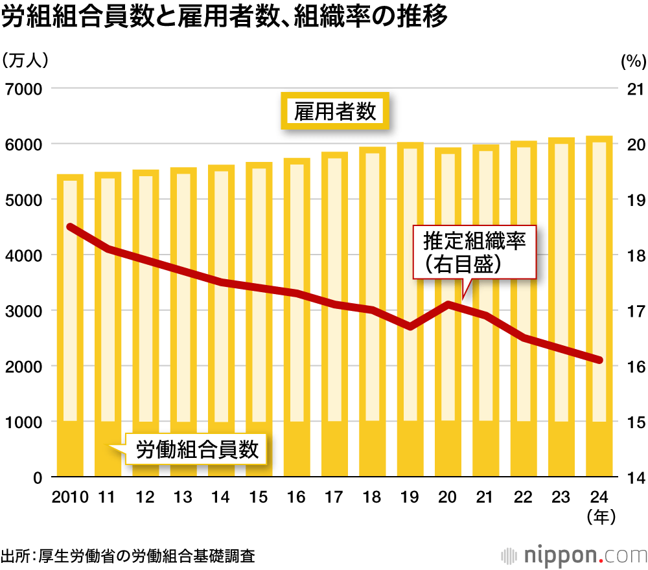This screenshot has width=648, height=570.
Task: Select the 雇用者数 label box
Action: pos(335,111)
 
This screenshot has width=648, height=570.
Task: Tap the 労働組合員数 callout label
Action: pos(197,449)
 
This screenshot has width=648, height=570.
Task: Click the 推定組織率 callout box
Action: pos(476,253)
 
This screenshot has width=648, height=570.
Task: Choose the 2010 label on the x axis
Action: pos(69,497)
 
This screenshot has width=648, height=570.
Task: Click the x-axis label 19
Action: pos(410,497)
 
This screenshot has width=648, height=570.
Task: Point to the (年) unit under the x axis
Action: pos(599,517)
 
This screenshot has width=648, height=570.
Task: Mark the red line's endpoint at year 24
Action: pos(599,360)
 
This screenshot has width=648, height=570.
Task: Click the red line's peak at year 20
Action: pos(448,304)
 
